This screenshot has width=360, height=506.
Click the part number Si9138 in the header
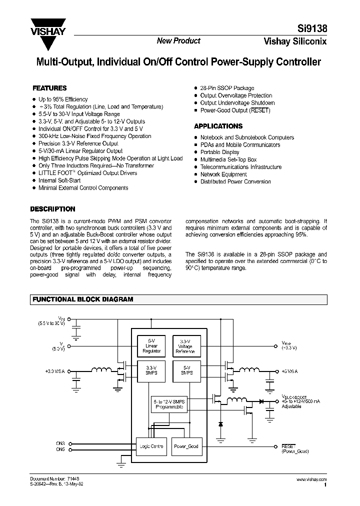313,29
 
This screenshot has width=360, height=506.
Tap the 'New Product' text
178,41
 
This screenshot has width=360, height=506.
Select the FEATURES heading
49,87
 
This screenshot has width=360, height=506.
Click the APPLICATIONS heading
218,126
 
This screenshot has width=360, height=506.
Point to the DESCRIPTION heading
52,209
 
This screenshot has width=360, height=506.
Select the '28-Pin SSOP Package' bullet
227,88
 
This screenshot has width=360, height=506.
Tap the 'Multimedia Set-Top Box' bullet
228,159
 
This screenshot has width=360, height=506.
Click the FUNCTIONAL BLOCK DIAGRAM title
82,299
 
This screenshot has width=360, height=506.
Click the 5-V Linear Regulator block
151,345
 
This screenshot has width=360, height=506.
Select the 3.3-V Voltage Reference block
185,345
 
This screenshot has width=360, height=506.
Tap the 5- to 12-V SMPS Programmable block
168,403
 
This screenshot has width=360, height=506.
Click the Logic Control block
151,446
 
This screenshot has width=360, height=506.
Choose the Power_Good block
185,446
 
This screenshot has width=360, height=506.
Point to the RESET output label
288,445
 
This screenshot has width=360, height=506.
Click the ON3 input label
61,443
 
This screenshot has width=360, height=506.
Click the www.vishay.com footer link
311,479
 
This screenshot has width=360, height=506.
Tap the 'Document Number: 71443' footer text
55,479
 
